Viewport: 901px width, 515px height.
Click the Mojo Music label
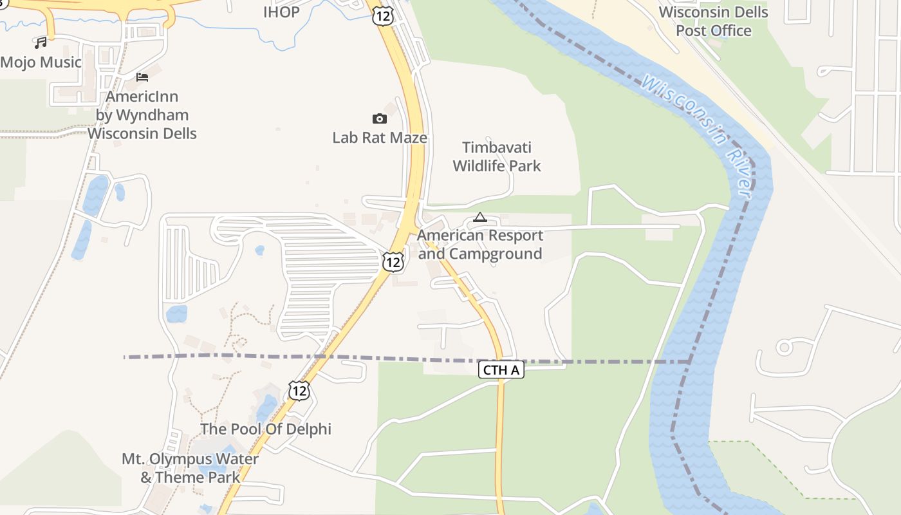pyautogui.click(x=41, y=62)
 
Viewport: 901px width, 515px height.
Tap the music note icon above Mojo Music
pyautogui.click(x=41, y=42)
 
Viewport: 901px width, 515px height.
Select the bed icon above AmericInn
pyautogui.click(x=142, y=77)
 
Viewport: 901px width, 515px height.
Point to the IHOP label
pyautogui.click(x=281, y=12)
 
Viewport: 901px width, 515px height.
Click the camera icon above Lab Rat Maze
pyautogui.click(x=380, y=118)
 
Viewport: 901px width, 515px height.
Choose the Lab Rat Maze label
pyautogui.click(x=380, y=138)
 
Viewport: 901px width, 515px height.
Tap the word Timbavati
pyautogui.click(x=497, y=147)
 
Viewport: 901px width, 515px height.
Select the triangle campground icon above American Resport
pyautogui.click(x=479, y=218)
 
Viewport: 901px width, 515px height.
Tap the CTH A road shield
pyautogui.click(x=501, y=370)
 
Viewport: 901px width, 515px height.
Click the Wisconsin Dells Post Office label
pyautogui.click(x=713, y=21)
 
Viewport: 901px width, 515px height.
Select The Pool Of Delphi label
pyautogui.click(x=266, y=429)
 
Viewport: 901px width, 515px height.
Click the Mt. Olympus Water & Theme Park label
pyautogui.click(x=190, y=468)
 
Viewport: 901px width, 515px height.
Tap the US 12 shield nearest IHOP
pyautogui.click(x=382, y=16)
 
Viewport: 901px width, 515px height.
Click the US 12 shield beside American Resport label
pyautogui.click(x=393, y=261)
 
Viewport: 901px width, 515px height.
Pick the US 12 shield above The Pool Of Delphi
pyautogui.click(x=299, y=390)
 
